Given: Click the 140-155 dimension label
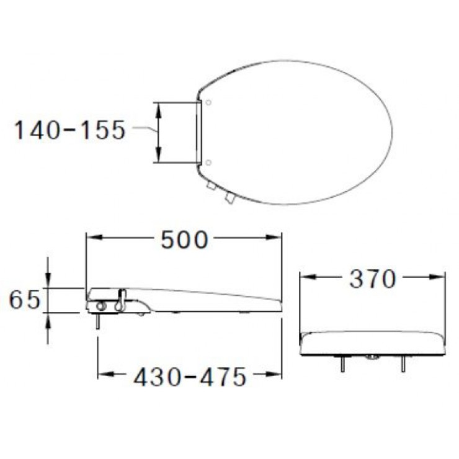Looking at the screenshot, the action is click(x=69, y=130).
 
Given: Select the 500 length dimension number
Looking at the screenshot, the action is click(x=184, y=239).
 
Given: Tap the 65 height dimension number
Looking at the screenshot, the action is click(x=25, y=300).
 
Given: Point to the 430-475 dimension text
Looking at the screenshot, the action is click(x=190, y=377).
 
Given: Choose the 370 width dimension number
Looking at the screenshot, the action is click(x=373, y=279).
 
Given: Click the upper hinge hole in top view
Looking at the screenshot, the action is click(x=208, y=102).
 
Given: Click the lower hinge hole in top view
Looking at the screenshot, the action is click(x=208, y=163).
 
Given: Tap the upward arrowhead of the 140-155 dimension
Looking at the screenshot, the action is click(x=158, y=110).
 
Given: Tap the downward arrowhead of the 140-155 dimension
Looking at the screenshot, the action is click(x=158, y=154).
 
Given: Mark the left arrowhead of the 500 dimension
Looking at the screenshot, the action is click(x=94, y=237).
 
